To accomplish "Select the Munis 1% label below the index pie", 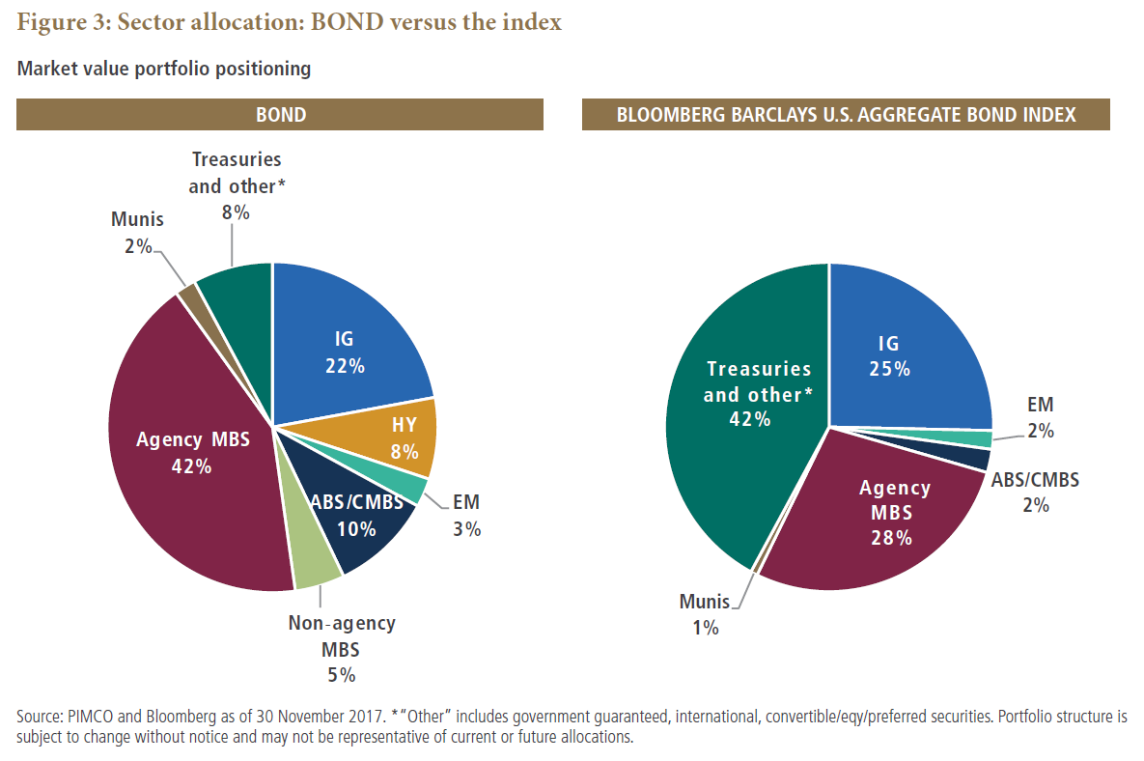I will pos(704,614).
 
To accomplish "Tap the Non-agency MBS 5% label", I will pos(341,648).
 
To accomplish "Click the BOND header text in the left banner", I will pos(280,116).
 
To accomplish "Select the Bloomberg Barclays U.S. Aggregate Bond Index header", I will pos(846,116).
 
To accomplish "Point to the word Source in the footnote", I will pos(40,718).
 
